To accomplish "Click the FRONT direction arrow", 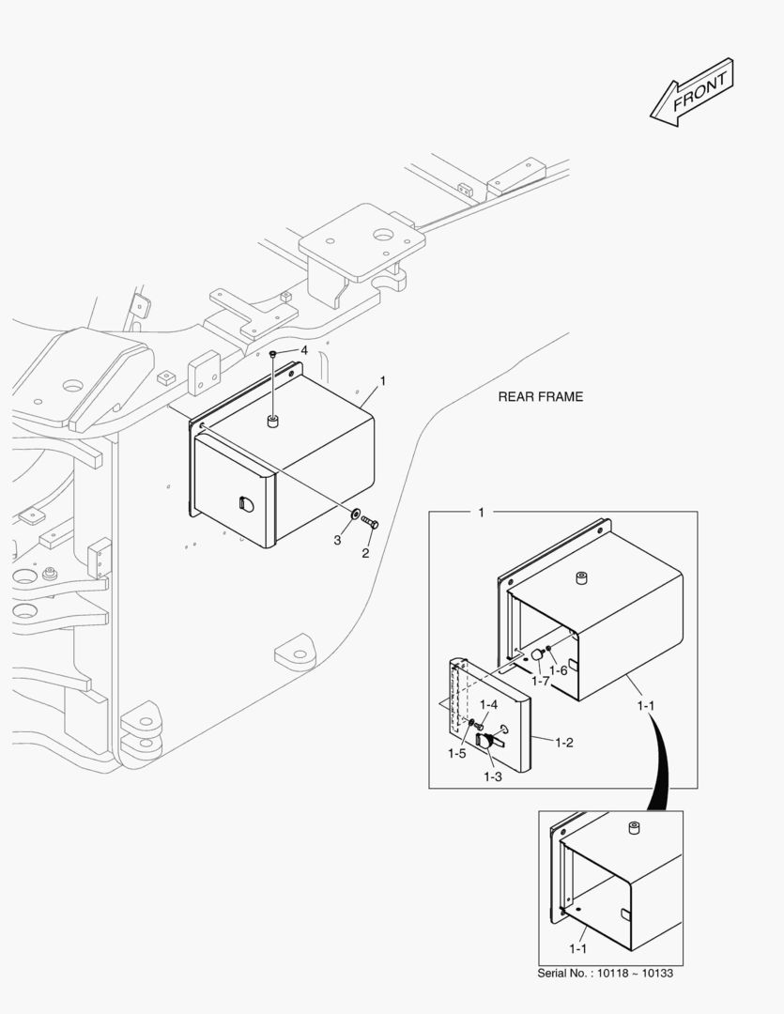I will tap(692, 92).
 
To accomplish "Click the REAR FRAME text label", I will tap(540, 397).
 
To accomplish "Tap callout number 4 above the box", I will tap(303, 350).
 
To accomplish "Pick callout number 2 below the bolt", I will tap(365, 552).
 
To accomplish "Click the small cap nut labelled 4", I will tap(272, 355).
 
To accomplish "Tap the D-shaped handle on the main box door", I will tap(247, 503).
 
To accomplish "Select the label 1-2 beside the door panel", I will tap(564, 743).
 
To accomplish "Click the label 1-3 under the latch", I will tap(493, 776).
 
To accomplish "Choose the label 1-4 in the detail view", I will tap(488, 704).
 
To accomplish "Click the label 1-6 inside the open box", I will tap(559, 670).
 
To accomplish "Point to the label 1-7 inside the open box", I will tap(540, 679).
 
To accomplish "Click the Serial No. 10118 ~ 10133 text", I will tap(605, 973).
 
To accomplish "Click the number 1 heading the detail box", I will tap(482, 513).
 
